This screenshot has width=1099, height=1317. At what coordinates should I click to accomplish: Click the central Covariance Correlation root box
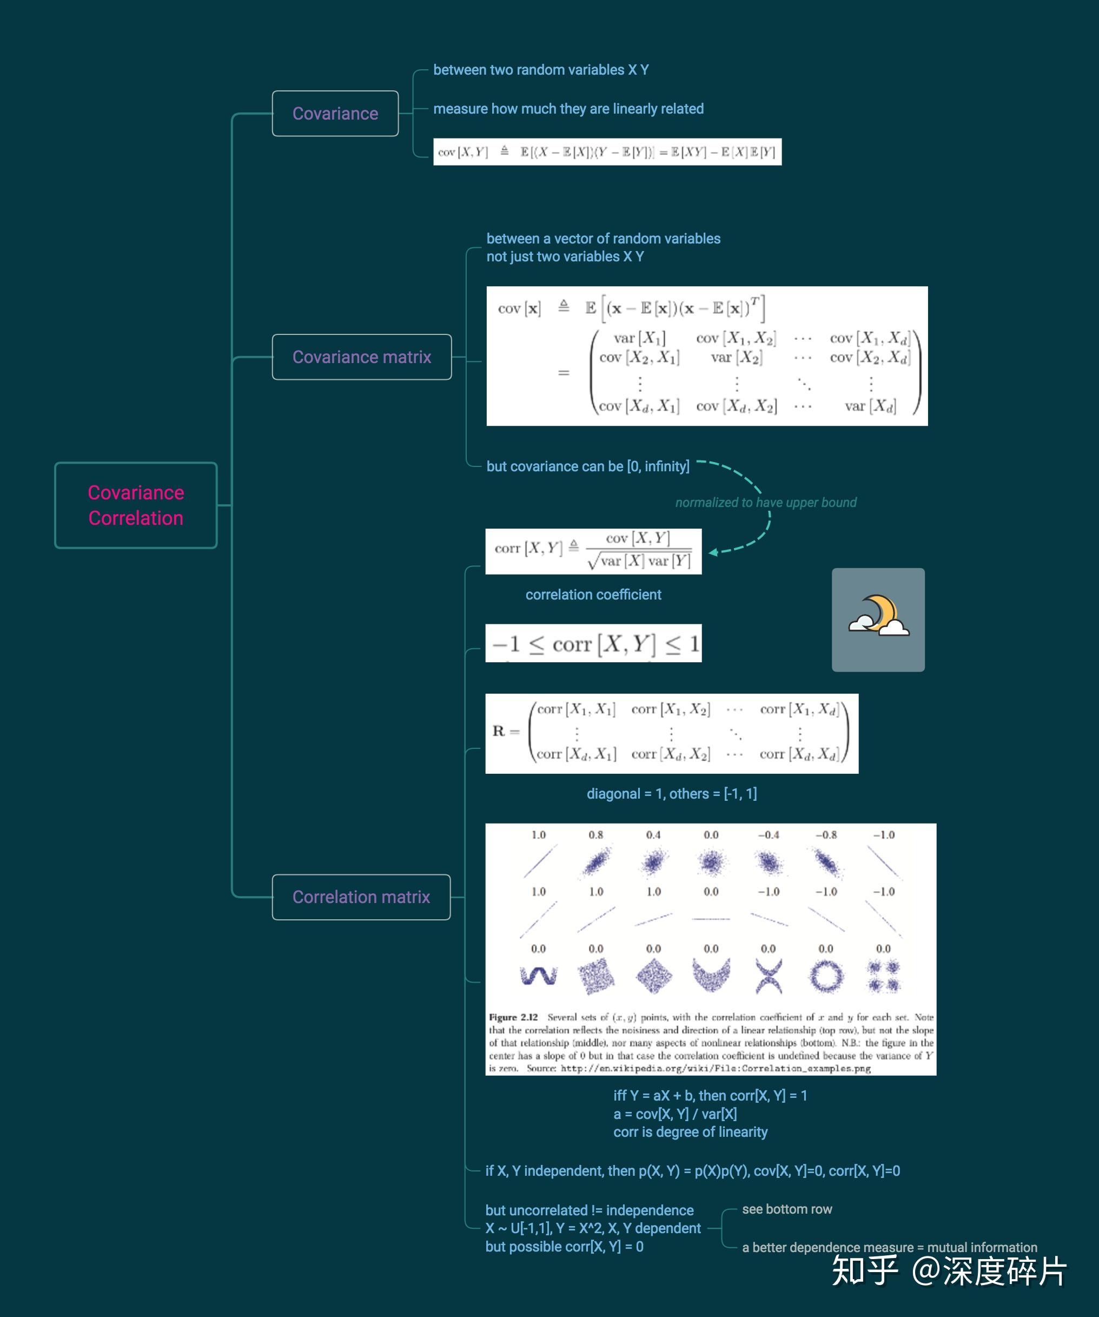tap(136, 505)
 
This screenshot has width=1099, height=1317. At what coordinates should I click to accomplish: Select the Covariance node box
tap(335, 114)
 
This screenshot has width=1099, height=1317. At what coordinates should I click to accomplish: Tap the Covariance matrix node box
tap(361, 357)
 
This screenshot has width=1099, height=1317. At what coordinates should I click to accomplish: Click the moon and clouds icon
tap(878, 619)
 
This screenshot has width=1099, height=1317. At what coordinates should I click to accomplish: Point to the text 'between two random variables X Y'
tap(540, 70)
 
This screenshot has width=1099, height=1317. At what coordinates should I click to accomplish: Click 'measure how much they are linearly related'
tap(568, 109)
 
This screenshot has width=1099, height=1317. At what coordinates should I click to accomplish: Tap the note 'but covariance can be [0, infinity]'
tap(587, 466)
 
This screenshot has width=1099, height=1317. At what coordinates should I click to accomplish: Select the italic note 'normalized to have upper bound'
tap(765, 502)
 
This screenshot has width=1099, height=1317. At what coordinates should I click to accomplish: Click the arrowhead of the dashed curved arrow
tap(713, 552)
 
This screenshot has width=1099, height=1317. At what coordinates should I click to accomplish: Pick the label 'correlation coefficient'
tap(593, 595)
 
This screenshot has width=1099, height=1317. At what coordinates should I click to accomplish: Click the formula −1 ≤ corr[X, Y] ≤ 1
tap(593, 643)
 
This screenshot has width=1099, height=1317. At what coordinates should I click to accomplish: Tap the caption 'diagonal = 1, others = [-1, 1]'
tap(671, 793)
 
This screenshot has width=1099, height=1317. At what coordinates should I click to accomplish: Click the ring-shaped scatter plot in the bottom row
tap(826, 976)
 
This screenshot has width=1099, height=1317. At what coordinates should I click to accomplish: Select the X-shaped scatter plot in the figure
tap(769, 976)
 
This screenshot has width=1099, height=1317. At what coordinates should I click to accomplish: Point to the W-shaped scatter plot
tap(538, 976)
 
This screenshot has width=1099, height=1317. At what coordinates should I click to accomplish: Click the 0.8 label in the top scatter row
tap(595, 835)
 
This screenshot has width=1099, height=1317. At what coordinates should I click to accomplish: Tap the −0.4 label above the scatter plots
tap(768, 835)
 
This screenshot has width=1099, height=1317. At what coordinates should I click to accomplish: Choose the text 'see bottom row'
tap(787, 1209)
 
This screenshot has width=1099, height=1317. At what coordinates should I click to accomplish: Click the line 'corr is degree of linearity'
tap(690, 1132)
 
